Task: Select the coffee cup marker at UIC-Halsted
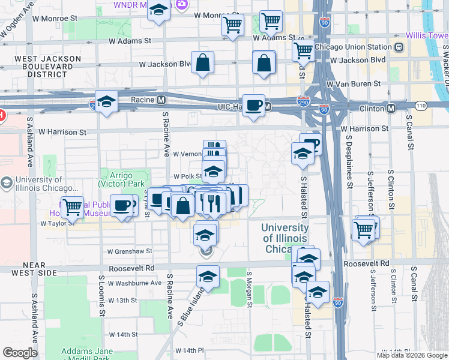point(253,106)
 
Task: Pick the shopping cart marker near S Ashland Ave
point(73,208)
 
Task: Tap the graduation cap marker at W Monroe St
point(158,11)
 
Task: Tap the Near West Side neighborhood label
point(30,268)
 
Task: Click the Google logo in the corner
point(20,353)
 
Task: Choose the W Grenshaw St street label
point(130,251)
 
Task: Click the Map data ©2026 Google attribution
point(412,355)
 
